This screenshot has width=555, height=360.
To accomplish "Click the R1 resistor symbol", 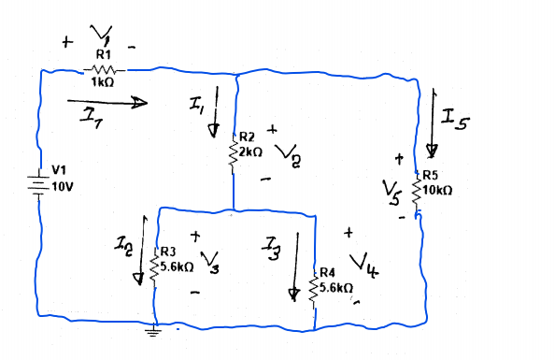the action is [x=103, y=69].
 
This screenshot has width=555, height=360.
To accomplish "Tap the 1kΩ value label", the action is [x=102, y=83].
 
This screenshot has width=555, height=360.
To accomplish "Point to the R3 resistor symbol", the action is [x=156, y=266].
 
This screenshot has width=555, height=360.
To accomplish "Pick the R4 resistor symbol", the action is [x=315, y=290].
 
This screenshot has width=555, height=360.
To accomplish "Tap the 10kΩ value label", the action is [x=438, y=190].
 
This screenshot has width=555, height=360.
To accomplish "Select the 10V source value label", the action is [x=62, y=185].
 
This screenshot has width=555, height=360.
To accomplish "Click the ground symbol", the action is [x=154, y=328].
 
